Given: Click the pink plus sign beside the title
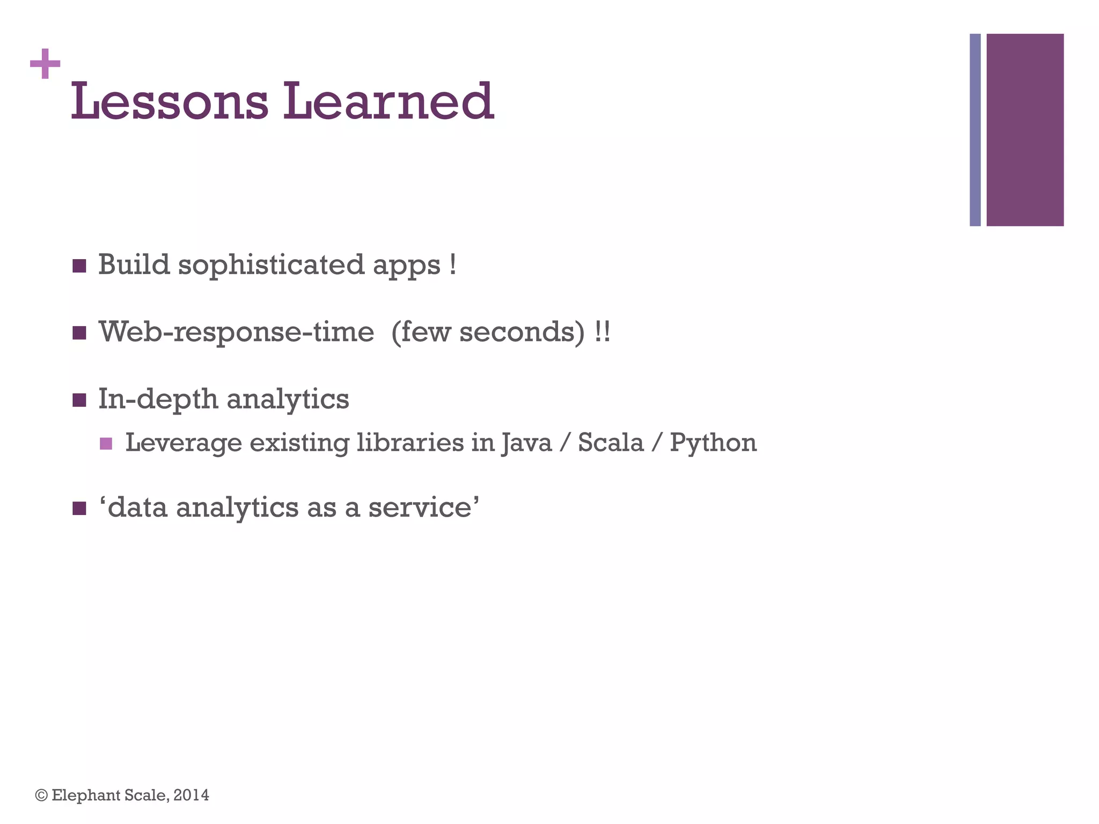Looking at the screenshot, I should (x=45, y=64).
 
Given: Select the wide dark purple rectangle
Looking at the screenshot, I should (x=1024, y=130).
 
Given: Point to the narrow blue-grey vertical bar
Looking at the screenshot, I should (x=975, y=130).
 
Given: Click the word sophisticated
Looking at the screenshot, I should (x=271, y=266).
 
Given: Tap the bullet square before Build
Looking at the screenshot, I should (x=79, y=266).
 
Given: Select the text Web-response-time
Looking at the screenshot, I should (x=236, y=332).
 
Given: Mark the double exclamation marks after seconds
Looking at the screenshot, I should (x=602, y=332).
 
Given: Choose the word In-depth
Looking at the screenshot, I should (x=158, y=399).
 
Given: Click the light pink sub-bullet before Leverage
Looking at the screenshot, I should (x=106, y=444).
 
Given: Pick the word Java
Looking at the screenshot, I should (x=526, y=443).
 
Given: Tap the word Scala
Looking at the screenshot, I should (x=610, y=443).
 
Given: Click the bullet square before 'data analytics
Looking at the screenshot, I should (x=79, y=508).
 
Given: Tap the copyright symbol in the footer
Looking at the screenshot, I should (x=41, y=795).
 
